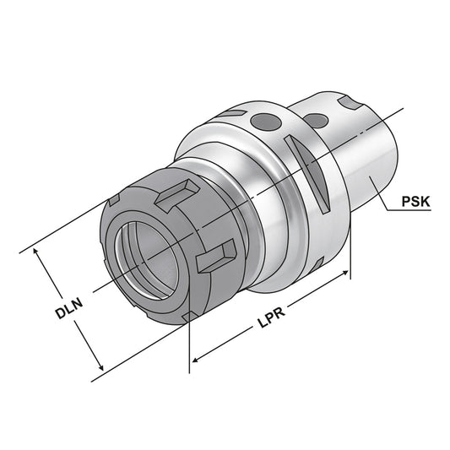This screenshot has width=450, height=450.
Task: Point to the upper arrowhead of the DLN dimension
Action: pos(34,251)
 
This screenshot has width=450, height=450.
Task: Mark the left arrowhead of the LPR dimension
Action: pos(193,362)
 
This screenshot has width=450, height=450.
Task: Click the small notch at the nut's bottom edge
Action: pos(191,317)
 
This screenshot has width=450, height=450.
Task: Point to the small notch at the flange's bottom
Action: pos(314,267)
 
